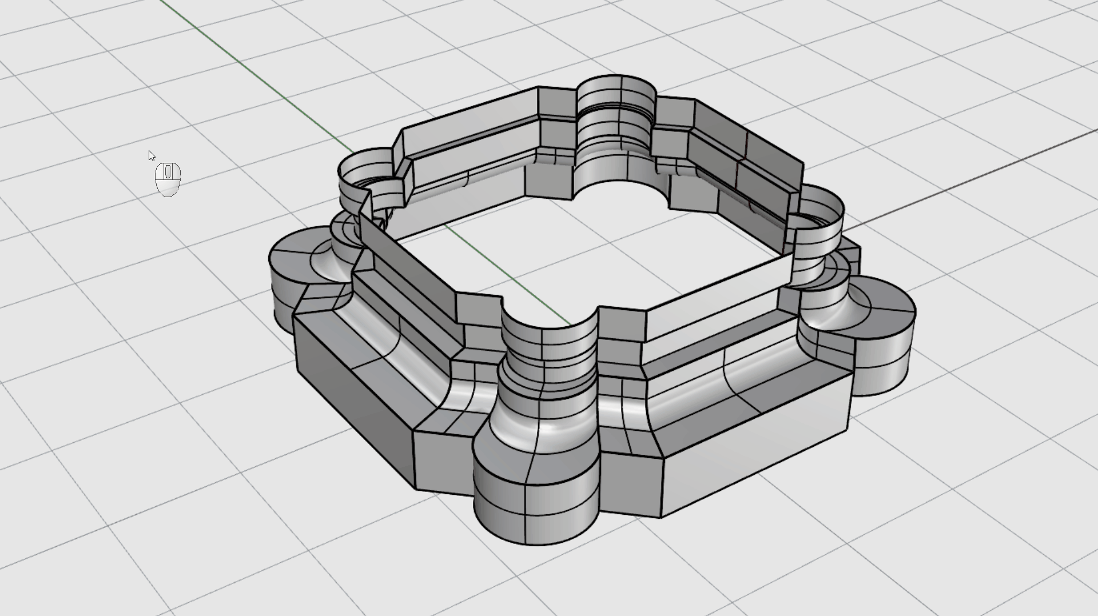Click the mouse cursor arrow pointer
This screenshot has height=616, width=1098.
point(151,155)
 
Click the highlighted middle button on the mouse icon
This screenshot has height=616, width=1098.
point(168,171)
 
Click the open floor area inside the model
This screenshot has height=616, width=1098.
point(600,251)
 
